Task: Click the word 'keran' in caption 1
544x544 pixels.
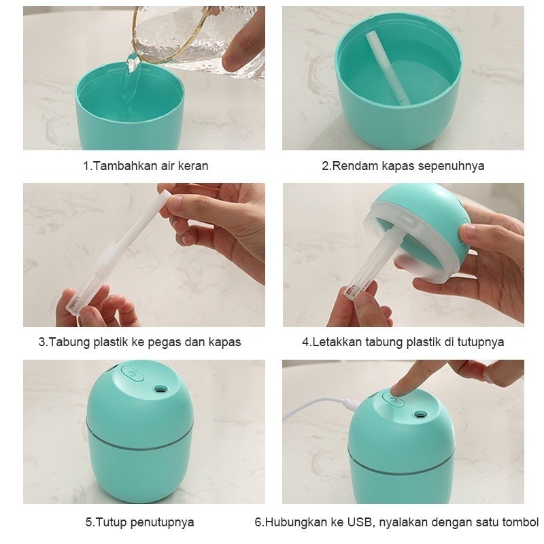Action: pos(193,166)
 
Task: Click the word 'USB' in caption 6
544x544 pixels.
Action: pos(360,522)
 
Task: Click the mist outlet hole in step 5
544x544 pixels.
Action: pos(160,389)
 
